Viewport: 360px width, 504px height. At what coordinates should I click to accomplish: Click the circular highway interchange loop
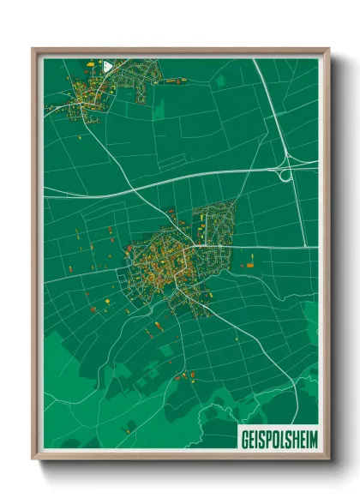point(285,173)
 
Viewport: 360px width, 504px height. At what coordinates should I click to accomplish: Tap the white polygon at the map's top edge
point(107,64)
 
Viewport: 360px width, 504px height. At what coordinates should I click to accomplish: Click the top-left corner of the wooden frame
point(33,50)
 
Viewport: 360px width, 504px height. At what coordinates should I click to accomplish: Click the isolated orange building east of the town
point(251,266)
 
